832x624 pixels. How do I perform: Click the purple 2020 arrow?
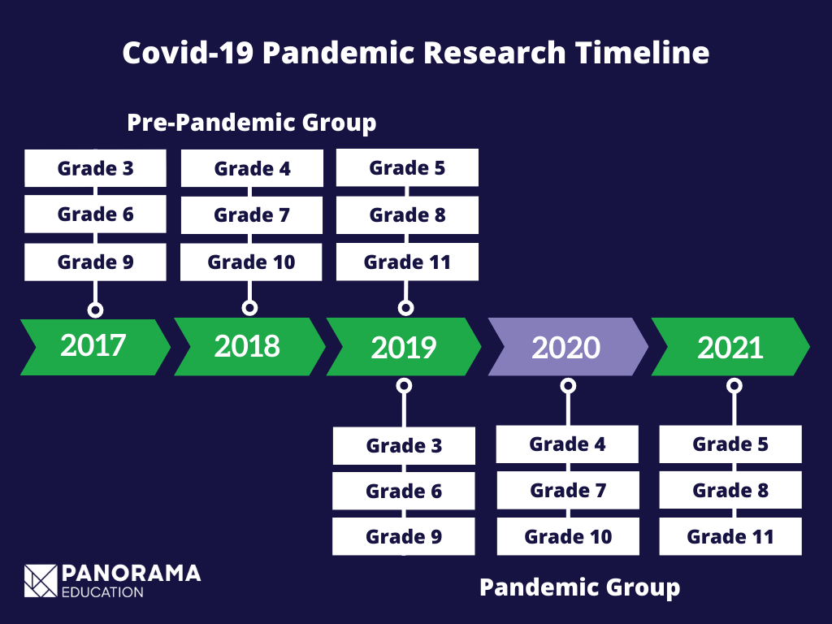pos(567,347)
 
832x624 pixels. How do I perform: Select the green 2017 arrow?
pos(94,346)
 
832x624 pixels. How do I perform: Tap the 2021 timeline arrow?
pos(730,347)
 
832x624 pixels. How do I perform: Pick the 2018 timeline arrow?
pos(248,346)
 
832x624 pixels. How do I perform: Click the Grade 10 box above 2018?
pos(251,262)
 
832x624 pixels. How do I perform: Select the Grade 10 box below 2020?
pos(568,537)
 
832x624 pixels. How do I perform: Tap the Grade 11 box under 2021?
pos(730,537)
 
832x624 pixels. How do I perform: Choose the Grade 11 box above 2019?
pos(407,262)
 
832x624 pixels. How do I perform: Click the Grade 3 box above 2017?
pos(95,168)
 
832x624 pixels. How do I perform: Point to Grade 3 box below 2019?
pos(404,446)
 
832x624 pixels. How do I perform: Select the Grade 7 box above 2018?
pos(251,215)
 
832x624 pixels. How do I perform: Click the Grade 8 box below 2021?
pos(730,491)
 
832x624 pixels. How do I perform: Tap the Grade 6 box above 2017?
pos(95,214)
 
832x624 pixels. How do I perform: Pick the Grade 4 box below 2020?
pos(567,444)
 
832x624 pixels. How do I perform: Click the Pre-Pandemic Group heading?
pos(251,123)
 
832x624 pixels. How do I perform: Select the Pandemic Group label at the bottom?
pos(579,587)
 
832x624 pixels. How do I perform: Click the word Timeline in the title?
pos(643,53)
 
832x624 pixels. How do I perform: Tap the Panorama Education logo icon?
pos(41,580)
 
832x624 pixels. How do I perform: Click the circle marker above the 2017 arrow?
pos(95,310)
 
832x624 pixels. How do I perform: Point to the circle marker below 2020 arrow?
pos(568,385)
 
